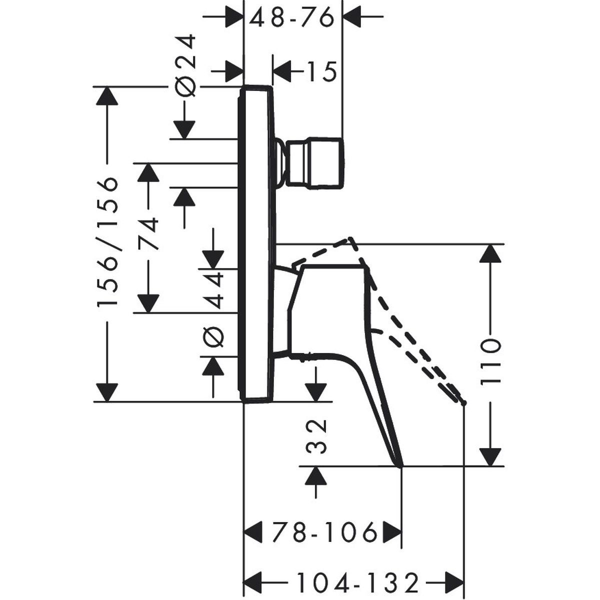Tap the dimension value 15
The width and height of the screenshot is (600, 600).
tap(320, 73)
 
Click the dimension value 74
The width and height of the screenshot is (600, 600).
tap(148, 233)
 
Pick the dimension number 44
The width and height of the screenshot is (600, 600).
tap(215, 290)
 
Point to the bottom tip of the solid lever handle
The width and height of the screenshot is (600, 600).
tap(401, 466)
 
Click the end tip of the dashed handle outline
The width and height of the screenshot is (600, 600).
tap(464, 402)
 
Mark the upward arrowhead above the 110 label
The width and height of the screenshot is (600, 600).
tap(490, 252)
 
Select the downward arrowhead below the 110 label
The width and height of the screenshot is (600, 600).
tap(490, 456)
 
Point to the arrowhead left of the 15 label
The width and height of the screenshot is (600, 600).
tap(282, 73)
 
